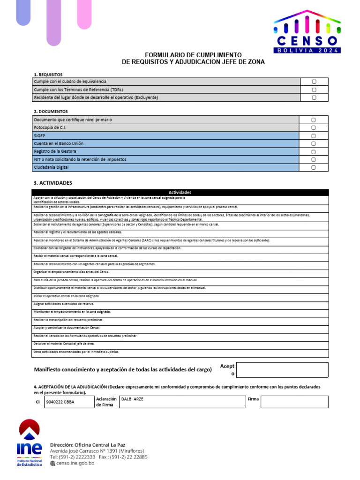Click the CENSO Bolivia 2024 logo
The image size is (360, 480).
(307, 32)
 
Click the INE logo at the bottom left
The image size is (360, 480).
(29, 443)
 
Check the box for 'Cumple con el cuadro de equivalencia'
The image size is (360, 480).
(314, 82)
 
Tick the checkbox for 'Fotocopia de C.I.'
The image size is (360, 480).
(314, 128)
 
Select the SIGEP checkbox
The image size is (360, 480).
(314, 136)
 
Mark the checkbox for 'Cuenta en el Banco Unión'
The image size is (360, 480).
(314, 144)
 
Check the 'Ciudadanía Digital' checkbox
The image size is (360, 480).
(314, 167)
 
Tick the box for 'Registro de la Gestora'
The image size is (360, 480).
(314, 152)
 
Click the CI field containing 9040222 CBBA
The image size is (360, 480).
(68, 402)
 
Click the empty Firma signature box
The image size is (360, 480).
(294, 402)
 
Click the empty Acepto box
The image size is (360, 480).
(283, 370)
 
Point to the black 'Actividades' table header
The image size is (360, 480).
(180, 192)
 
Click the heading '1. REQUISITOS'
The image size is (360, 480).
(48, 75)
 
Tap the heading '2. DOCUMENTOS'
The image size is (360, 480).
(51, 112)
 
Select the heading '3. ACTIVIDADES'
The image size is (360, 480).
(53, 182)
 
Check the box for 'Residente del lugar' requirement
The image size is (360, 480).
(314, 97)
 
